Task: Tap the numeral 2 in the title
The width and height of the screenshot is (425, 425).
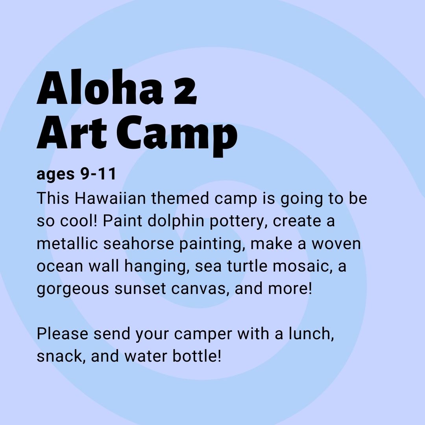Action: tap(185, 91)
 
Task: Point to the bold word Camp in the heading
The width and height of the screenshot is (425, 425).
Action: tap(177, 135)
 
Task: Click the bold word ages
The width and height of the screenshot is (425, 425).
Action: tap(55, 175)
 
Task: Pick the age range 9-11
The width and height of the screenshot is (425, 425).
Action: tap(98, 174)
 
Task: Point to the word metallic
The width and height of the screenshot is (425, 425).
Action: tap(67, 243)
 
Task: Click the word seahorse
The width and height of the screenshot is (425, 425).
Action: tap(139, 243)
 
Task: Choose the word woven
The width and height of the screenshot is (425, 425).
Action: tap(336, 244)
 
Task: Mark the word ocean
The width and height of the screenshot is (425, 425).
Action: tap(60, 266)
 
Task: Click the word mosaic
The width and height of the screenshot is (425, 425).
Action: tap(303, 266)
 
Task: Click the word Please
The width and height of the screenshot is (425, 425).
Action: tap(62, 333)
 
